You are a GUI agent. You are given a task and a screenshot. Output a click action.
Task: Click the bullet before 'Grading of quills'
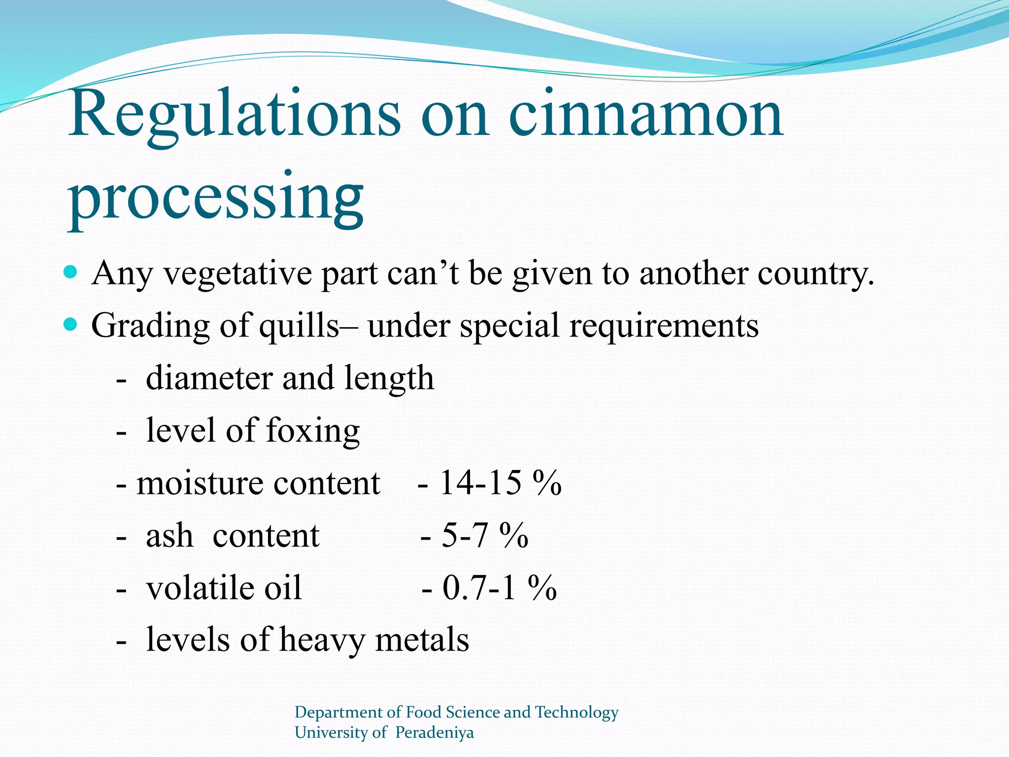click(x=71, y=324)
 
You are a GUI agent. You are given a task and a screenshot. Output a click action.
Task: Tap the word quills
click(x=299, y=326)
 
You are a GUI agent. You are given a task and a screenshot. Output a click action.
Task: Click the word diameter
click(x=209, y=378)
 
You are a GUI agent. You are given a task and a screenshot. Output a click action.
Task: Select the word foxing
click(x=313, y=431)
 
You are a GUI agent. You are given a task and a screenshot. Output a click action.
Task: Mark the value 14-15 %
click(x=500, y=483)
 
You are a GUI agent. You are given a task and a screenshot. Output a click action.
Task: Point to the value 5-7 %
click(x=485, y=536)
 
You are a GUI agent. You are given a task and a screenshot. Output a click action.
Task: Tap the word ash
click(x=169, y=536)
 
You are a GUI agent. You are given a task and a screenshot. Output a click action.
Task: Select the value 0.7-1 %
click(x=500, y=588)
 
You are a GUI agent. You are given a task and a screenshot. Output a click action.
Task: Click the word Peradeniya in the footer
click(x=434, y=732)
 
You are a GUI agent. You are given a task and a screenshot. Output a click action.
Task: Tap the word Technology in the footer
click(x=576, y=712)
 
